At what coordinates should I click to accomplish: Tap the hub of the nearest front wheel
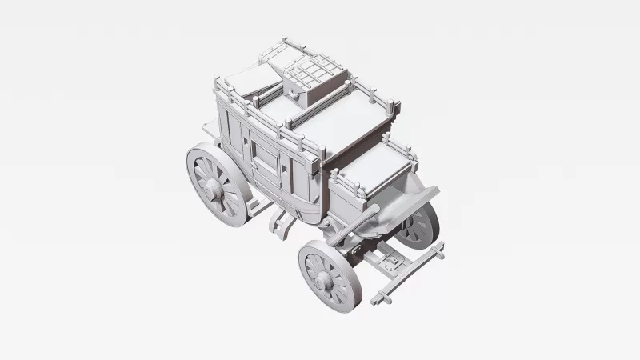pyautogui.click(x=325, y=280)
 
